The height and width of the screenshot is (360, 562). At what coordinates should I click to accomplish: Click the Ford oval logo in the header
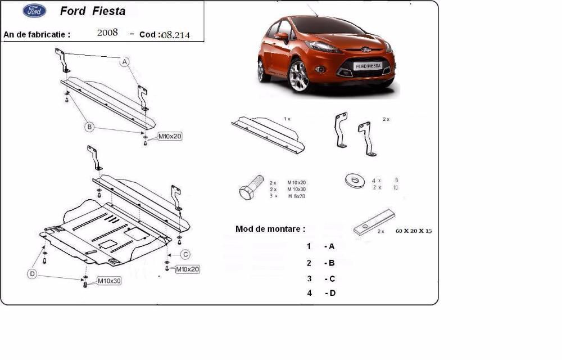coord(35,11)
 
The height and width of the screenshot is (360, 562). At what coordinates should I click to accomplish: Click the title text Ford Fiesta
coord(93,11)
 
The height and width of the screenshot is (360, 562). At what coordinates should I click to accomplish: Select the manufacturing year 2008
coord(107,33)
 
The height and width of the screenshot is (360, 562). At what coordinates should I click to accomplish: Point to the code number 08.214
coord(175,35)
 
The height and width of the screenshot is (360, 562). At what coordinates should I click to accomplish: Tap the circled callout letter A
coord(125,62)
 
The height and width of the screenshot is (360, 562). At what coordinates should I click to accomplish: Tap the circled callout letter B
coord(89,127)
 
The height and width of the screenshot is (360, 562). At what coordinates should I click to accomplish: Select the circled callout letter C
coord(185,253)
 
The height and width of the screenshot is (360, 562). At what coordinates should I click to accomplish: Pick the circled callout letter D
coord(33,274)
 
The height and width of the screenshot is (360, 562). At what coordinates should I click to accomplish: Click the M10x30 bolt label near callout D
coord(109,280)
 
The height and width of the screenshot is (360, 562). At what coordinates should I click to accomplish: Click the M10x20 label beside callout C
coord(187,269)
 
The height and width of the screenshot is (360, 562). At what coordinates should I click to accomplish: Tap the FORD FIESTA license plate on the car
coord(368,66)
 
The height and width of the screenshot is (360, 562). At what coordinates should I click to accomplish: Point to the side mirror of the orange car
coord(282,38)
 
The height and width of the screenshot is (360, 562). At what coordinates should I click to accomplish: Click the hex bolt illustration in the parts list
coord(250,188)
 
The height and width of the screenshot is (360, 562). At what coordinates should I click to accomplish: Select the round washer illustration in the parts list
coord(354,181)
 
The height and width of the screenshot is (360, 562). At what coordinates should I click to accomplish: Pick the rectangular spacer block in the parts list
coord(374,223)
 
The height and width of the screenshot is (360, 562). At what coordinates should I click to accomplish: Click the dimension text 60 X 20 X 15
coord(417,231)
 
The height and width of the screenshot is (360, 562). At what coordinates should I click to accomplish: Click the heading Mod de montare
coord(270,229)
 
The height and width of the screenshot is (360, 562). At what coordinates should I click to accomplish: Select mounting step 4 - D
coord(321,293)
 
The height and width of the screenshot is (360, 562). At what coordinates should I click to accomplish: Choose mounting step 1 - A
coord(321,246)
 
